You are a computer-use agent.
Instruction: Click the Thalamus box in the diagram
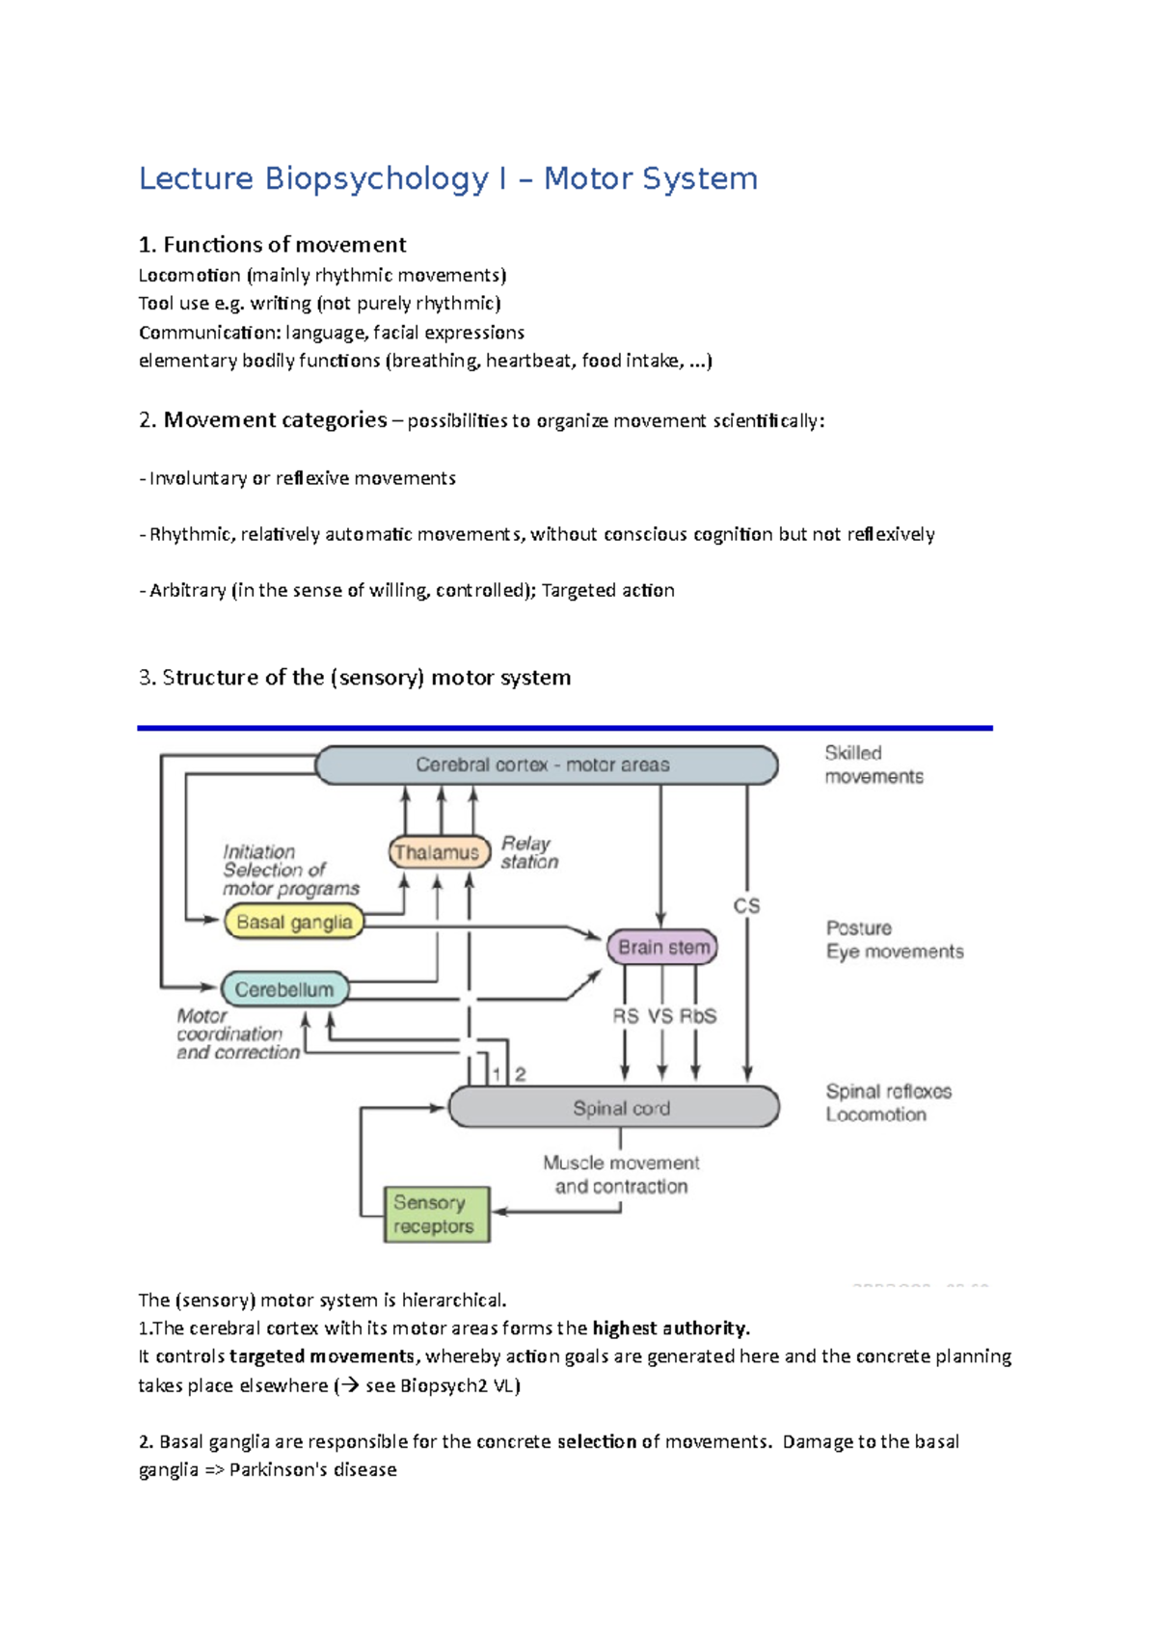pos(436,852)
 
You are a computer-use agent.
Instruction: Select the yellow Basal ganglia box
pos(293,922)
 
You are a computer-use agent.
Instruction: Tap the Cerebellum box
pos(284,989)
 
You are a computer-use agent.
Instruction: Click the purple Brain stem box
pos(663,948)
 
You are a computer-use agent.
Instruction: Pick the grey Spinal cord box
pos(615,1108)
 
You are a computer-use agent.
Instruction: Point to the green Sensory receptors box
pos(436,1215)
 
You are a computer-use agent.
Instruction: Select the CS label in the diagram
pos(746,906)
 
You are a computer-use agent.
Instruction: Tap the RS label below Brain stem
pos(625,1016)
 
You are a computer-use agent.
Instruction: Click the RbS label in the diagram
pos(697,1016)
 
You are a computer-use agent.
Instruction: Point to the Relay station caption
pos(528,852)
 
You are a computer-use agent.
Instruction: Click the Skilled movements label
pos(873,765)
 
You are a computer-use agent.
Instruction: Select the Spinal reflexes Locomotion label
pos(887,1103)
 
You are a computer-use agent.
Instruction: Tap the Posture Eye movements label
pos(893,940)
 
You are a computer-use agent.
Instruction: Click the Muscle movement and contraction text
pos(621,1174)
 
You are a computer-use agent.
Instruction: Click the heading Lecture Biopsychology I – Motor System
pos(448,178)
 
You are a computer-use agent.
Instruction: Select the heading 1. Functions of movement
pos(273,244)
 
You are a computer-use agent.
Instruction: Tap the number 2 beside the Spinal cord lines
pos(521,1074)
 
